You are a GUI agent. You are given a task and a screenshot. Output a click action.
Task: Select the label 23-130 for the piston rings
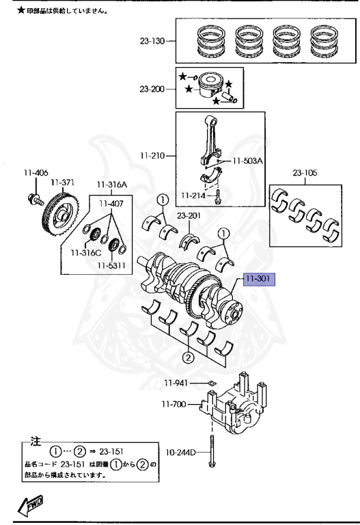152,41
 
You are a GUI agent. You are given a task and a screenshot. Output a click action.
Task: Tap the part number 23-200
152,89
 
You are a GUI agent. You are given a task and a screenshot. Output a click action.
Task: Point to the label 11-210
152,156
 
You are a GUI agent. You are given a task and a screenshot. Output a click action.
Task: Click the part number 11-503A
247,161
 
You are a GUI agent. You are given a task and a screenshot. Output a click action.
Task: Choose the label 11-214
193,196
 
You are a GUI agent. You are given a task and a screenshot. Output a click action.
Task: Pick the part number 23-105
305,173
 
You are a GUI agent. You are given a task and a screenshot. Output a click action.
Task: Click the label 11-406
36,173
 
